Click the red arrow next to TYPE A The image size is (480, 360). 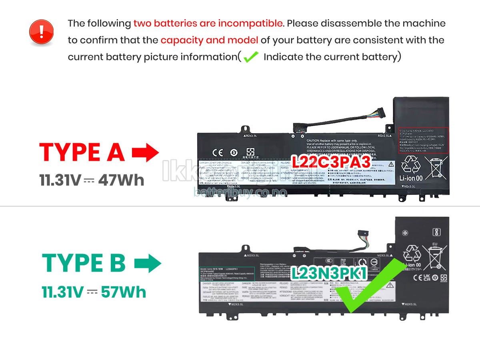tap(145, 153)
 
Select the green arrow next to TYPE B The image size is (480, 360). tap(148, 264)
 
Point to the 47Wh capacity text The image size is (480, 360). tap(121, 180)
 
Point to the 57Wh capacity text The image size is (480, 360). tap(124, 292)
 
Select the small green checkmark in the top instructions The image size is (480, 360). tap(251, 57)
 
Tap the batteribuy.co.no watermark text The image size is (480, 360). tap(240, 192)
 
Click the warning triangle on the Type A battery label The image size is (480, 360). tap(390, 165)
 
